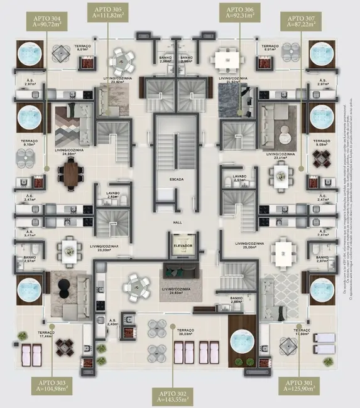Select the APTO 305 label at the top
point(109,13)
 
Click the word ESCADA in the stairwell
point(177,180)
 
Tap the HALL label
point(177,223)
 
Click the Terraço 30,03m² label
point(186,332)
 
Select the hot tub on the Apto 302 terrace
point(241,342)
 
